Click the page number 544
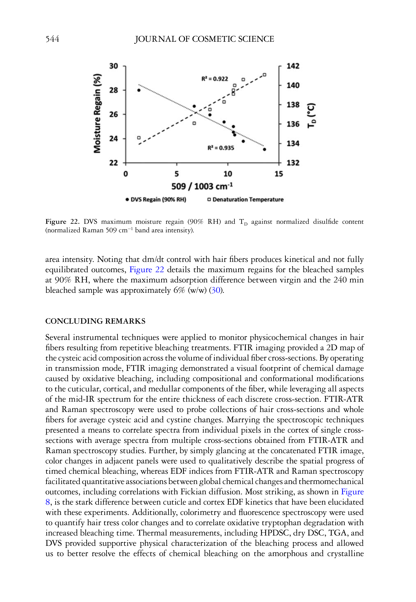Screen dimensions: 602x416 pyautogui.click(x=52, y=39)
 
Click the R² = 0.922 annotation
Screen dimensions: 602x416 pyautogui.click(x=215, y=79)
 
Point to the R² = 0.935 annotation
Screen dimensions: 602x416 pyautogui.click(x=220, y=148)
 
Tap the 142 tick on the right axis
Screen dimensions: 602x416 pyautogui.click(x=293, y=66)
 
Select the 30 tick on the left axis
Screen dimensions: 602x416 pyautogui.click(x=113, y=66)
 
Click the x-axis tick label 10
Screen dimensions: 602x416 pyautogui.click(x=228, y=174)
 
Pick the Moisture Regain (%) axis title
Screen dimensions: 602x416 pyautogui.click(x=97, y=113)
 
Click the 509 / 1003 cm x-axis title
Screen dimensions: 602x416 pyautogui.click(x=202, y=187)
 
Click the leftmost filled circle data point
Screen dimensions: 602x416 pyautogui.click(x=139, y=90)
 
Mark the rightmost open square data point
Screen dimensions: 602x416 pyautogui.click(x=265, y=75)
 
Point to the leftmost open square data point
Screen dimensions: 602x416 pyautogui.click(x=139, y=138)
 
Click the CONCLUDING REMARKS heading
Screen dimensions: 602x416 pyautogui.click(x=95, y=321)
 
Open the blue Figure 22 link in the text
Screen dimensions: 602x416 pyautogui.click(x=146, y=270)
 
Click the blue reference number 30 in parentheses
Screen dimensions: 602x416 pyautogui.click(x=216, y=290)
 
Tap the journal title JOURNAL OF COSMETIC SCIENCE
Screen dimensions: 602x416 pyautogui.click(x=204, y=39)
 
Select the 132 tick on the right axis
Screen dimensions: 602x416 pyautogui.click(x=293, y=163)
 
